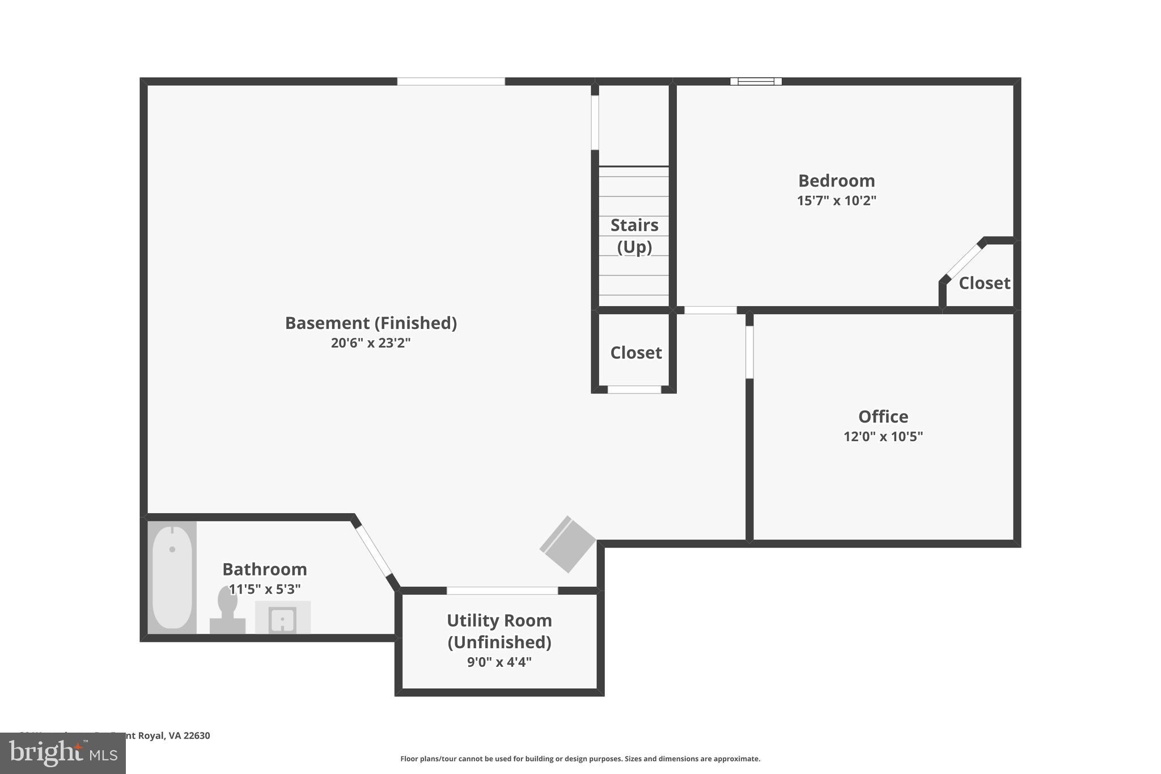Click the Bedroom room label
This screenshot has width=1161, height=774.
836,181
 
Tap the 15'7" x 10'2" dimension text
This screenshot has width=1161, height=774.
836,201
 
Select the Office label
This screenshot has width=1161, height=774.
883,417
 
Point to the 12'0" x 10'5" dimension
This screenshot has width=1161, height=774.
883,437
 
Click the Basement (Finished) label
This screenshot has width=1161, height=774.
371,323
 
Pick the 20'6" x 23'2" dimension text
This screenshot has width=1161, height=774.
371,343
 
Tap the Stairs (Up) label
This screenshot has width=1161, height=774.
634,236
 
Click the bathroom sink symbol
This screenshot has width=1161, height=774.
282,619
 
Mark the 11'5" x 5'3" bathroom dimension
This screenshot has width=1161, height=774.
265,589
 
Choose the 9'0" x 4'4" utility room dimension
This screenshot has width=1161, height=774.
499,662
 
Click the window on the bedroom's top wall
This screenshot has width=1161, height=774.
756,82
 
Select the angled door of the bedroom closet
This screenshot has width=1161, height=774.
963,261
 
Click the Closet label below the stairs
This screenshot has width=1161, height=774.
635,353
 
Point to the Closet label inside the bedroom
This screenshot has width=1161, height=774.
984,283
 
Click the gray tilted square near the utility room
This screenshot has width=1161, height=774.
567,544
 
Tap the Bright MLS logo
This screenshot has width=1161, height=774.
63,753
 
